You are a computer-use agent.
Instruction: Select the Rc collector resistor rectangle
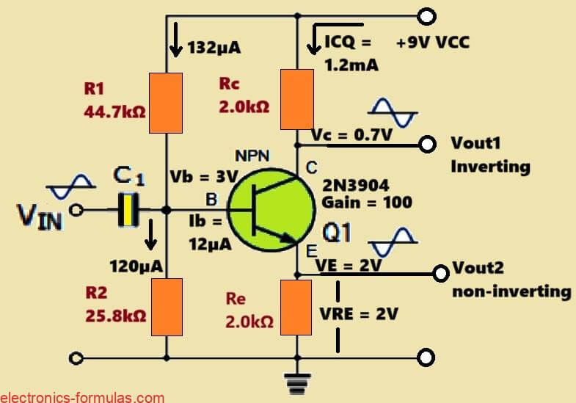coord(297,98)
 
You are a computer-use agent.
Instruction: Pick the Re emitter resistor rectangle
coord(297,307)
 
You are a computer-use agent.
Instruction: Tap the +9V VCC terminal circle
coord(426,15)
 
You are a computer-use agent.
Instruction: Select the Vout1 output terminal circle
coord(426,144)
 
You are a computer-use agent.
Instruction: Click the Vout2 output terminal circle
coord(440,274)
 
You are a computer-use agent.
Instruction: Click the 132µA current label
coord(215,48)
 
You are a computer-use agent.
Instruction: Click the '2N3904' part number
coord(357,184)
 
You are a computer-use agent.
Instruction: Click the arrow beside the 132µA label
coord(175,48)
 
